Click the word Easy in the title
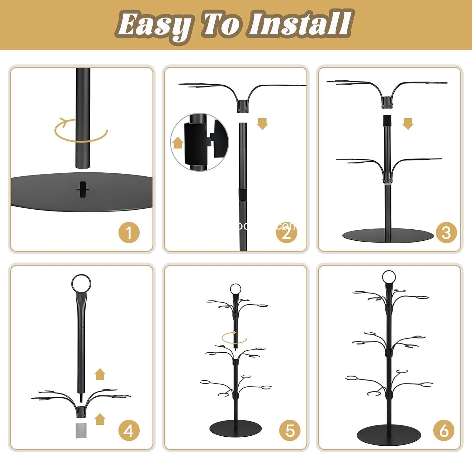click(x=154, y=25)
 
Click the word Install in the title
click(x=301, y=24)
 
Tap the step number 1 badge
click(x=129, y=232)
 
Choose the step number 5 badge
click(x=290, y=430)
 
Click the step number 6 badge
click(x=444, y=430)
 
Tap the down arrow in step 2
click(x=262, y=124)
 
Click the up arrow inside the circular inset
click(x=178, y=143)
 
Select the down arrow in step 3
click(x=408, y=124)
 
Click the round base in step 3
click(x=388, y=236)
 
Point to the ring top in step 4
click(x=81, y=283)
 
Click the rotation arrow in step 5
click(x=234, y=338)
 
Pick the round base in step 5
click(x=235, y=428)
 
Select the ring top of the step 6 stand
click(x=389, y=277)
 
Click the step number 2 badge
click(x=286, y=232)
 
